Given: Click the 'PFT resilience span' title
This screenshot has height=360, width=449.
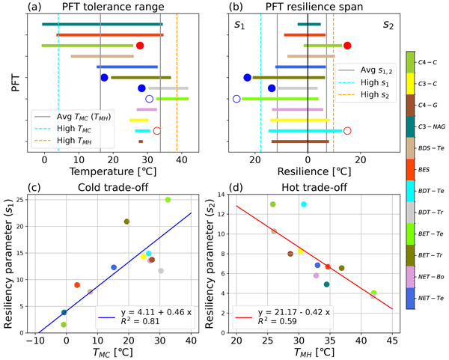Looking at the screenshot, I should click(308, 7).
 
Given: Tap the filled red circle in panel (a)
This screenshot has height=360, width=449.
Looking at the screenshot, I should click(140, 46).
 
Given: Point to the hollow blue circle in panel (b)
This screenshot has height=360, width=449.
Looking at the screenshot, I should click(237, 98).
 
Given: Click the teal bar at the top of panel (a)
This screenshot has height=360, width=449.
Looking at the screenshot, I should click(102, 24).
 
